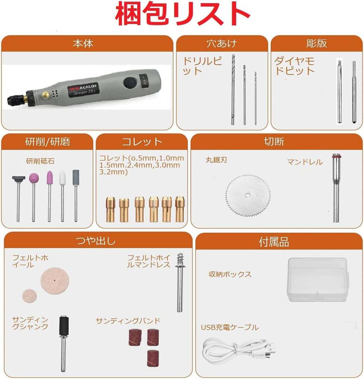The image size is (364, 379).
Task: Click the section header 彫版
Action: [x=316, y=44]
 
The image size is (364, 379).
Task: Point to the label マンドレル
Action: [x=305, y=162]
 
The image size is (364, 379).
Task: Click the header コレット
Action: [x=142, y=142]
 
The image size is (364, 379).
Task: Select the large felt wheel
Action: [x=54, y=280]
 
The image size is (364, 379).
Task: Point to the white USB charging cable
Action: [x=237, y=349]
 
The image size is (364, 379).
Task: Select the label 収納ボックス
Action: [x=230, y=274]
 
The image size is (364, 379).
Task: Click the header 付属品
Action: [x=274, y=242]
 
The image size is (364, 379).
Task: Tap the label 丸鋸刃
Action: [x=216, y=160]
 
